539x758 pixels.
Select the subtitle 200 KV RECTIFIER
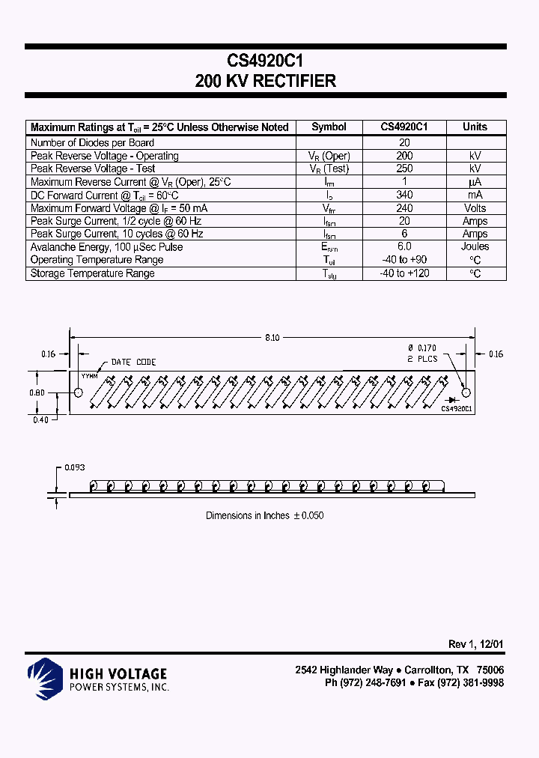click(265, 82)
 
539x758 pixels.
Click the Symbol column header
click(329, 127)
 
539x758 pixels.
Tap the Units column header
click(475, 127)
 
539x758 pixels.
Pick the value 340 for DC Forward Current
click(404, 195)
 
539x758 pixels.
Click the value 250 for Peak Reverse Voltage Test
click(404, 169)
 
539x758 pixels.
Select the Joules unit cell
click(475, 246)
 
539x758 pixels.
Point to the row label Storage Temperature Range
click(92, 273)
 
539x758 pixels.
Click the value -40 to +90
click(404, 260)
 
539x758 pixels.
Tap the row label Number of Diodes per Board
click(92, 142)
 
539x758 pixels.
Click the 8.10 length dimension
click(272, 339)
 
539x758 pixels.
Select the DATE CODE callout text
click(133, 363)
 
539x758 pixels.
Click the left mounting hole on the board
click(79, 392)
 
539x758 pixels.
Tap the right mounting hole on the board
click(466, 392)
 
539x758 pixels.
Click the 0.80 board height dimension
click(38, 392)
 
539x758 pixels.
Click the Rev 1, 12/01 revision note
click(475, 644)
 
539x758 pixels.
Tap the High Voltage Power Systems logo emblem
click(44, 678)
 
